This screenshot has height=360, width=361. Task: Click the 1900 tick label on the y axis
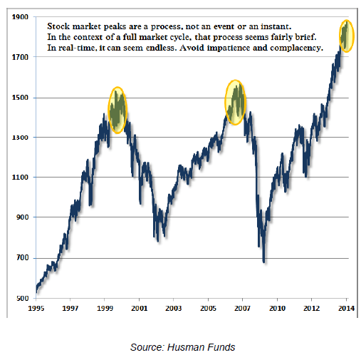pos(20,17)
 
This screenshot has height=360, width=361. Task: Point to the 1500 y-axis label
pos(20,98)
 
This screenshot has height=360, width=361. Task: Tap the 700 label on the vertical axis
pos(22,258)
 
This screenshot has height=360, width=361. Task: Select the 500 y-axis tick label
pos(22,298)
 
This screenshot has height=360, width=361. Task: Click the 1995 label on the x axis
pos(36,308)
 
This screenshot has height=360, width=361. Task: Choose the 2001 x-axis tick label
pos(140,308)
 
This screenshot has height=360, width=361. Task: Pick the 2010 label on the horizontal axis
pos(277,308)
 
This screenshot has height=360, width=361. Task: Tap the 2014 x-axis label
pos(346,308)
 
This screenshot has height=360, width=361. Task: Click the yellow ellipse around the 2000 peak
pos(109,110)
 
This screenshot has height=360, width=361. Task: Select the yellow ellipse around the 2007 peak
pos(225,103)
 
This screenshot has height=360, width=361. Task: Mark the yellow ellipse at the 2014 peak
pos(340,36)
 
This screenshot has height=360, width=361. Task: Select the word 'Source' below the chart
pos(146,347)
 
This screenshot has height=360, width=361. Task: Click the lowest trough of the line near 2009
pos(264,262)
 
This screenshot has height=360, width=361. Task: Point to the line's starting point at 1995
pos(36,292)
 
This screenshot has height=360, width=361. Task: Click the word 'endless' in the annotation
pos(161,48)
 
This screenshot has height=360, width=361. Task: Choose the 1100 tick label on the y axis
pos(20,177)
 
